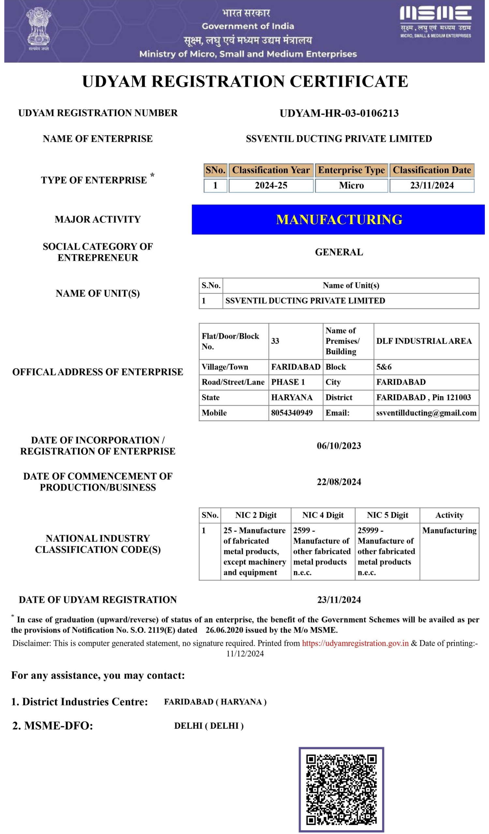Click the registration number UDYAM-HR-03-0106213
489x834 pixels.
point(339,113)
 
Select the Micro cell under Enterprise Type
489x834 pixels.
point(351,185)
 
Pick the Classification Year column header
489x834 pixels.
point(271,170)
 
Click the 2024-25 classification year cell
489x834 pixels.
point(271,185)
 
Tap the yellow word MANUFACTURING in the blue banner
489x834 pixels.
point(339,220)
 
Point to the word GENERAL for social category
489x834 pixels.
point(339,252)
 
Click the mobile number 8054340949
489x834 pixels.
point(292,413)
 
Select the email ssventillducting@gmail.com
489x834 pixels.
point(426,413)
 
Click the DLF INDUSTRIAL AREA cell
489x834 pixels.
point(424,341)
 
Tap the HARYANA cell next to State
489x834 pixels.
point(292,397)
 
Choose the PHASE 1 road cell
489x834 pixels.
point(288,382)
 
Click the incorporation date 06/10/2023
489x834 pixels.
point(339,445)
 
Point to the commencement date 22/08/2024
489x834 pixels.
point(339,482)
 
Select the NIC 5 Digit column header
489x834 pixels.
point(387,515)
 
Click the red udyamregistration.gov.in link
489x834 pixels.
point(355,643)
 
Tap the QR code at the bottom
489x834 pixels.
point(341,790)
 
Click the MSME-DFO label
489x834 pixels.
point(52,726)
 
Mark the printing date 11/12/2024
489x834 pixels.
point(245,654)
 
